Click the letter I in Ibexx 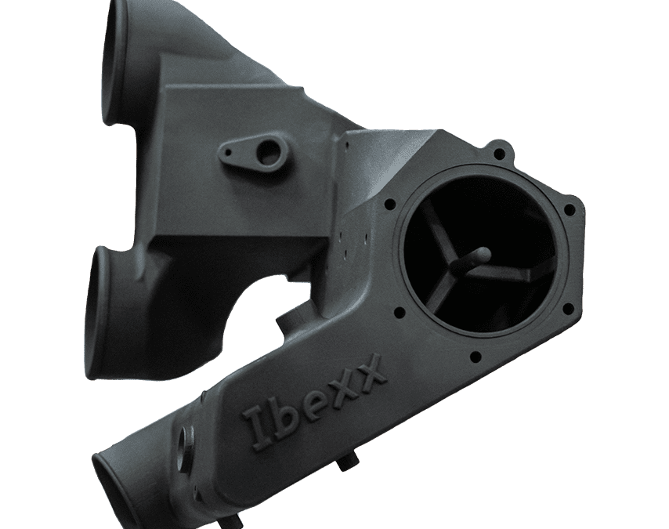(x=259, y=426)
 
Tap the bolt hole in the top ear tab (x=497, y=152)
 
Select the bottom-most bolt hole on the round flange (x=476, y=356)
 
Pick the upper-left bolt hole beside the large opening (x=389, y=204)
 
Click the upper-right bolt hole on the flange (x=569, y=209)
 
